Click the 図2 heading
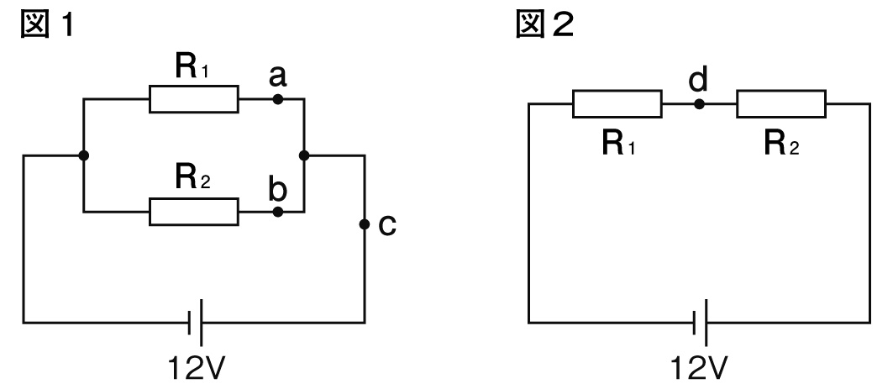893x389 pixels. tap(549, 24)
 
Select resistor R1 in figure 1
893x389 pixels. tap(194, 99)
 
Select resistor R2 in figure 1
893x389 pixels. tap(194, 212)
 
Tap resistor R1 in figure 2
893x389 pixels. tap(617, 104)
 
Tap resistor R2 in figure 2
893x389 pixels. tap(781, 104)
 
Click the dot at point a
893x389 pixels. tap(278, 99)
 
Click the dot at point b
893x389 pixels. tap(278, 212)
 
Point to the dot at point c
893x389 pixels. tap(364, 224)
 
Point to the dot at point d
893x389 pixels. tap(699, 104)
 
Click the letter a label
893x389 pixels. tap(278, 77)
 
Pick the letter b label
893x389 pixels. tap(277, 187)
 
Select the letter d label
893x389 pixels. tap(699, 81)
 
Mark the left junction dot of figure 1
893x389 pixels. tap(82, 155)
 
